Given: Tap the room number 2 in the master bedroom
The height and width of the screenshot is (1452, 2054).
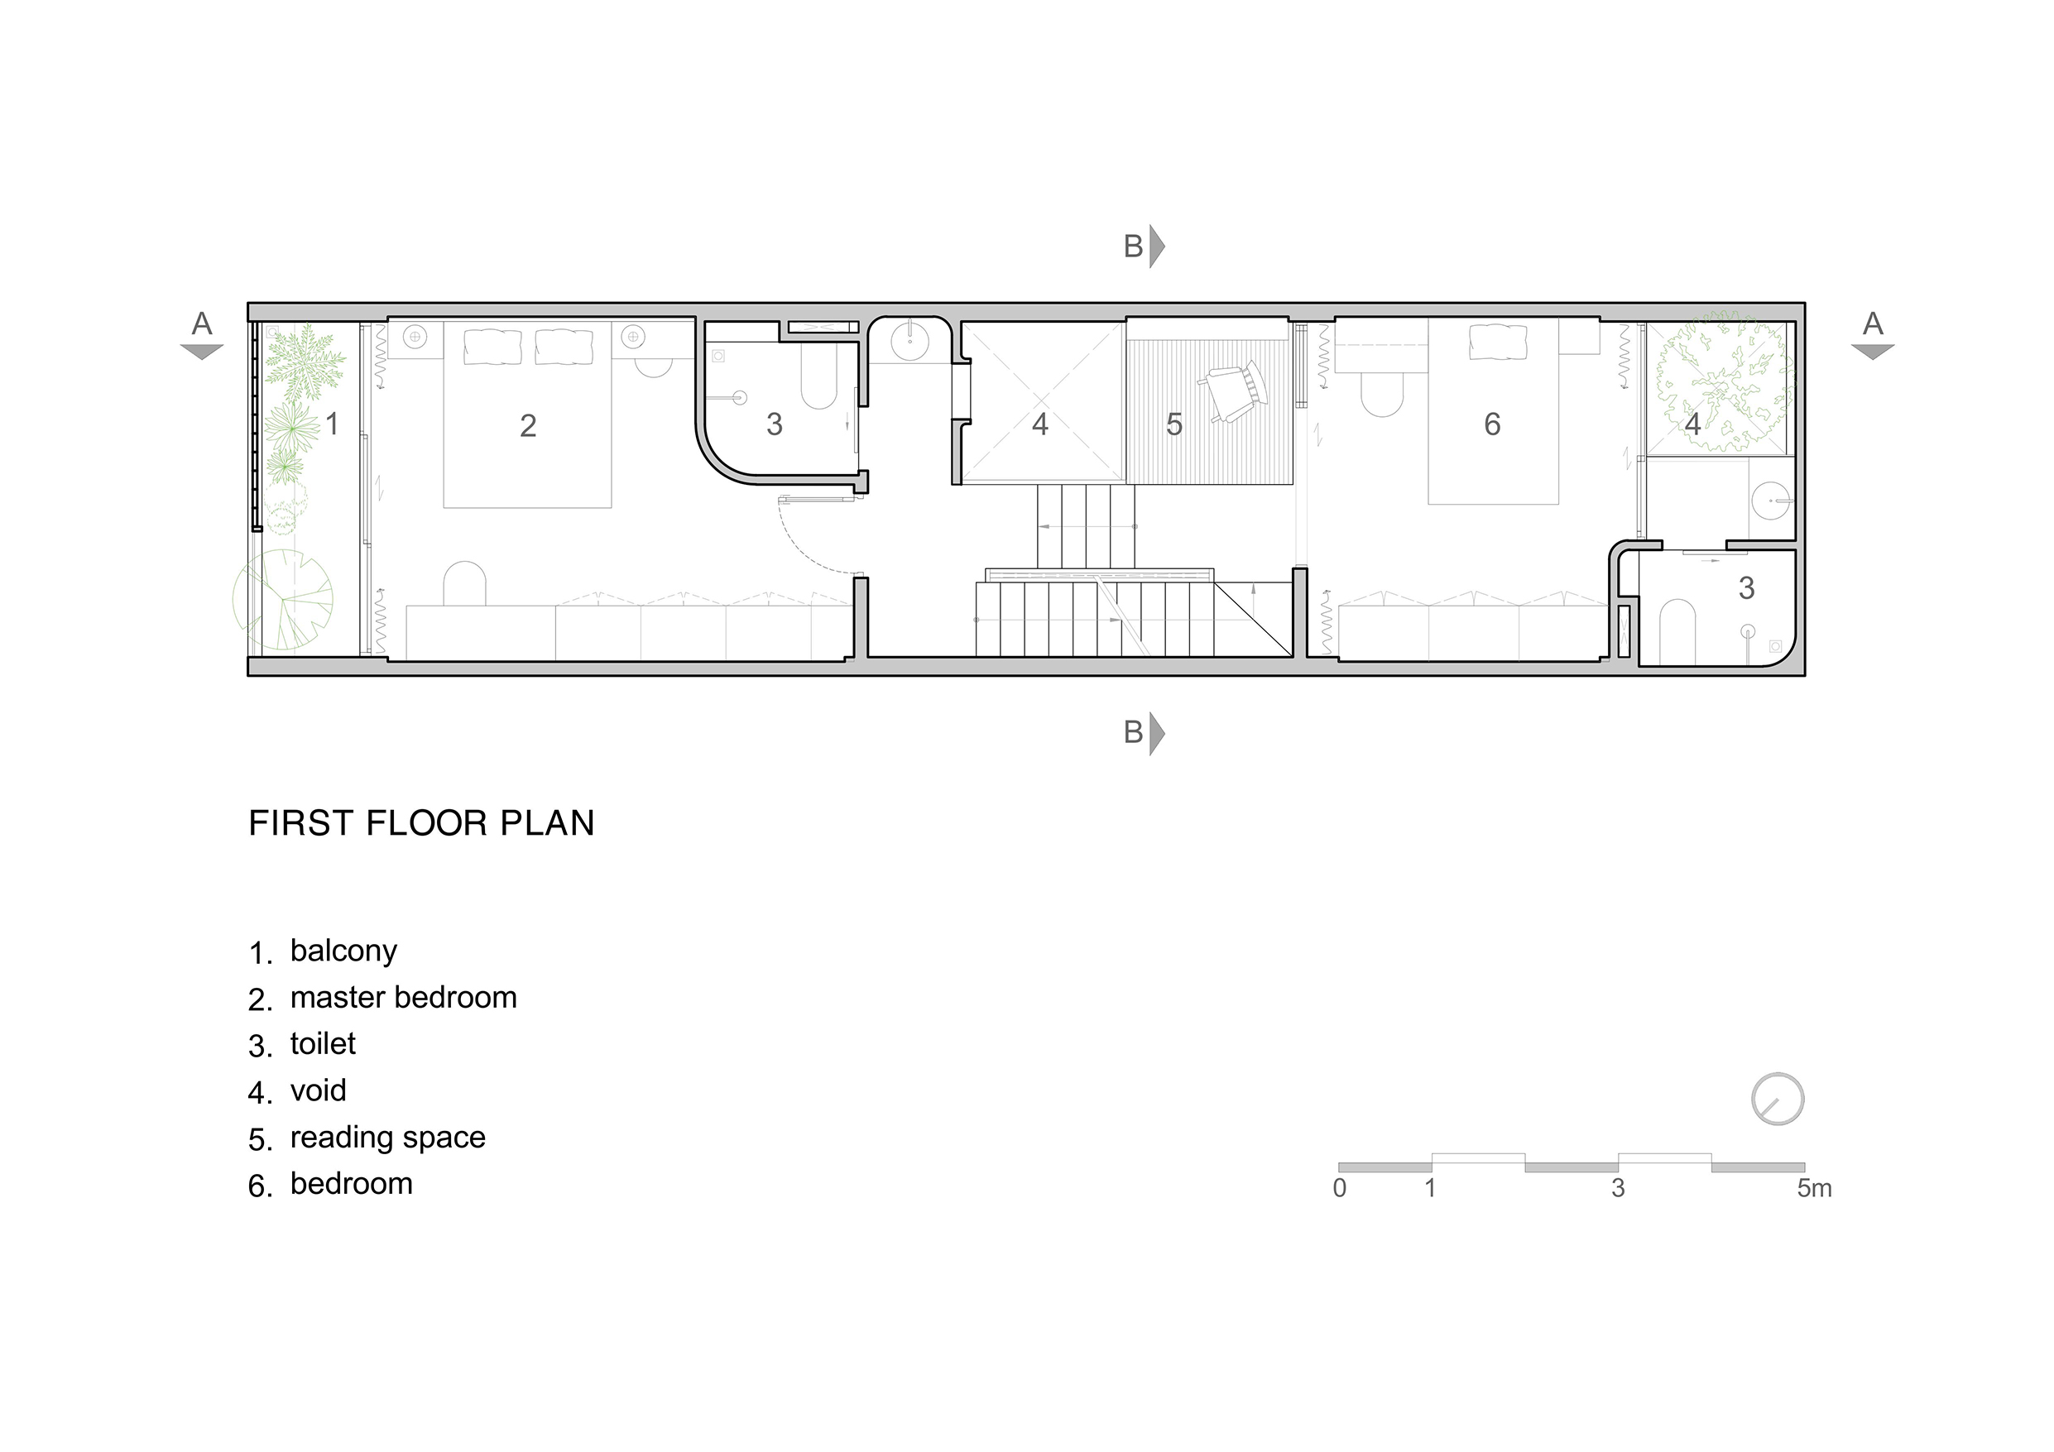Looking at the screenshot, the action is pyautogui.click(x=528, y=426).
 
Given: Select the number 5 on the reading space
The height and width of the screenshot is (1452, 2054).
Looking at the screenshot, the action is pyautogui.click(x=1174, y=424).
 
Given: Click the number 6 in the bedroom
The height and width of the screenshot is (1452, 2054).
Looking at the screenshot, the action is pyautogui.click(x=1492, y=424).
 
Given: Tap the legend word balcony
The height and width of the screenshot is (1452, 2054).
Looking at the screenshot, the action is pyautogui.click(x=343, y=951).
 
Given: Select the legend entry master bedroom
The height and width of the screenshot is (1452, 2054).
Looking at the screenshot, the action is pyautogui.click(x=404, y=998).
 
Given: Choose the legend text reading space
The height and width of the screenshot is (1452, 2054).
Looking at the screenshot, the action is pyautogui.click(x=387, y=1138).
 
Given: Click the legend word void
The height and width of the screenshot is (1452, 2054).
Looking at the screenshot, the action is pyautogui.click(x=318, y=1090).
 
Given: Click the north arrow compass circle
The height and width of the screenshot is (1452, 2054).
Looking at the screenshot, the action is pyautogui.click(x=1778, y=1099).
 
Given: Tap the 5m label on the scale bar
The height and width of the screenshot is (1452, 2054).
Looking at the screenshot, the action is pyautogui.click(x=1814, y=1188).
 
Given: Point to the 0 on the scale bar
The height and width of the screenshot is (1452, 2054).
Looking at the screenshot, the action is pyautogui.click(x=1339, y=1188).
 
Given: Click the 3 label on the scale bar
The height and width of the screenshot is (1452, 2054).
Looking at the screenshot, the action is pyautogui.click(x=1619, y=1188).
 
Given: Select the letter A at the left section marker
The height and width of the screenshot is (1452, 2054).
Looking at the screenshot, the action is pyautogui.click(x=202, y=323).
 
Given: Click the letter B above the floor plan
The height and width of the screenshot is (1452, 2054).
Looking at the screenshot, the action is pyautogui.click(x=1133, y=246).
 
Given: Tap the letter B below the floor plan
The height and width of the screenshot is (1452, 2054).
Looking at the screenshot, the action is pyautogui.click(x=1133, y=733).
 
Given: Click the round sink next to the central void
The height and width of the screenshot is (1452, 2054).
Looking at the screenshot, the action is pyautogui.click(x=910, y=340).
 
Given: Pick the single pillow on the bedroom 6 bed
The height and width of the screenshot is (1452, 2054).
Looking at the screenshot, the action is pyautogui.click(x=1499, y=342).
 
